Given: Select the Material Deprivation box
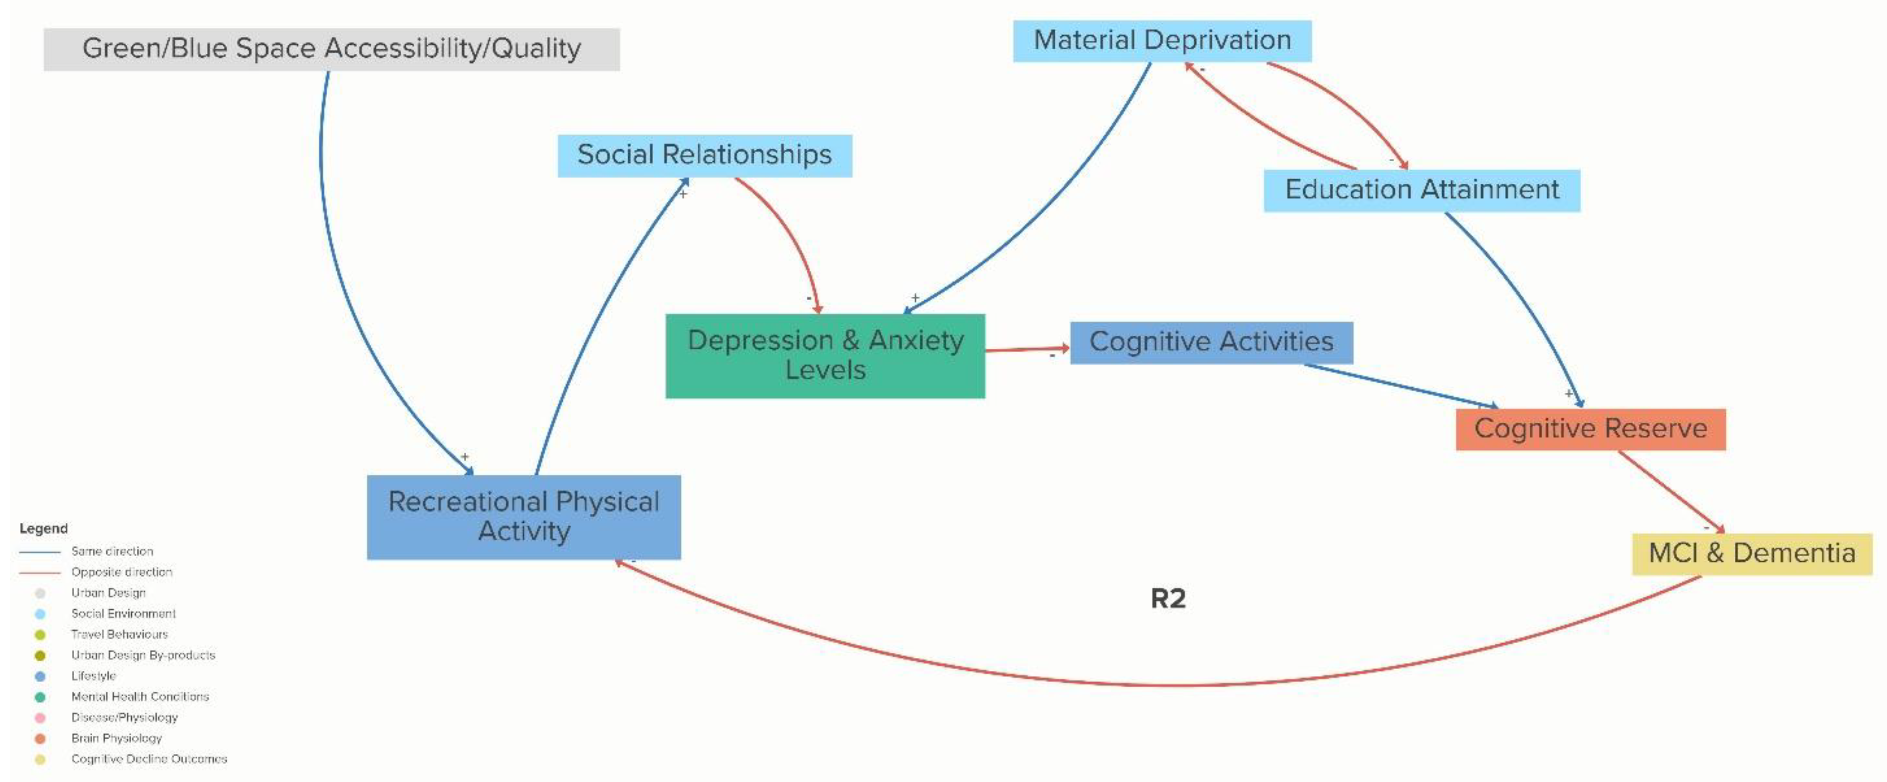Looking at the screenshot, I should (1162, 40).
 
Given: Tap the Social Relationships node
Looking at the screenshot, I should (704, 155).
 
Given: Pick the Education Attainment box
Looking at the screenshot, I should (1421, 190).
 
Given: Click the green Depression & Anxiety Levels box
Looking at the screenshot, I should (825, 355).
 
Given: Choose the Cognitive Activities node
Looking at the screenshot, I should (1211, 342).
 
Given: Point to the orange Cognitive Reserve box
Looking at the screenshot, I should (1590, 429).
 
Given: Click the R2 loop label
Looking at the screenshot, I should (1168, 598).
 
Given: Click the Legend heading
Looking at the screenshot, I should (43, 528).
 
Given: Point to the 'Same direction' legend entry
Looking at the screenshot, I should (112, 551).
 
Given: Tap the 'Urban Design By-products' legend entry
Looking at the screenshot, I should (143, 655).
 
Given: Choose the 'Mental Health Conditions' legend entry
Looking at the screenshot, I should (140, 696).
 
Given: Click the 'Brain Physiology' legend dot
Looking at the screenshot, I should (40, 738).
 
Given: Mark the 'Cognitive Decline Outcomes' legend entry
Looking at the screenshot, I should (149, 759).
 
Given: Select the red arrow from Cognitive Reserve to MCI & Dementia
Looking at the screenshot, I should (1670, 490).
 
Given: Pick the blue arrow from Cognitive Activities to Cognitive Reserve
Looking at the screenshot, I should (1399, 385).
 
